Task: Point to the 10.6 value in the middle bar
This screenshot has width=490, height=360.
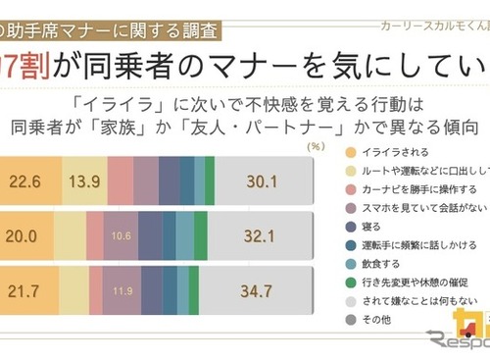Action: tap(121, 236)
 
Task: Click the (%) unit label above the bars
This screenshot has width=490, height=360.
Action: tap(316, 146)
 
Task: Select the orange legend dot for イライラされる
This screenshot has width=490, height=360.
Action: tap(352, 154)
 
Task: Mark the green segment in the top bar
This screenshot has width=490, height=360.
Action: tap(210, 181)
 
